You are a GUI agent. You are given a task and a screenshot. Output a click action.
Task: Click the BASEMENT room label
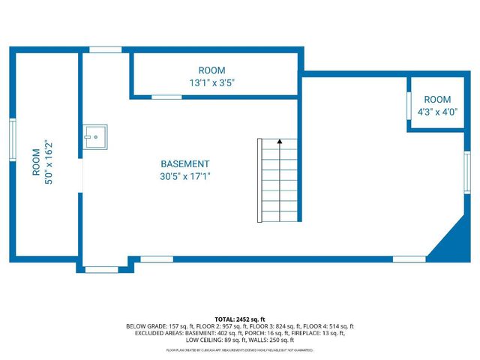pos(185,164)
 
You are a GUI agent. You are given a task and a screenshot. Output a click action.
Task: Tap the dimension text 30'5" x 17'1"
pos(185,177)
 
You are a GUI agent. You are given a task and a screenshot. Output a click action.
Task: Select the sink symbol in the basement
pos(95,135)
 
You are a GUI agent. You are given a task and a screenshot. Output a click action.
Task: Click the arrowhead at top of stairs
pos(280,140)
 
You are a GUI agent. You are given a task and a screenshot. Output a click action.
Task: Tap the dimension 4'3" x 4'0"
pos(437,112)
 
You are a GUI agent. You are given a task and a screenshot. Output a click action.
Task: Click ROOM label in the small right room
pos(437,100)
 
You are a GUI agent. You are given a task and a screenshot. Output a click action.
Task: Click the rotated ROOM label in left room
pos(36,162)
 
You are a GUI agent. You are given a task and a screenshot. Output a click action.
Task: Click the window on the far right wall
pos(467,172)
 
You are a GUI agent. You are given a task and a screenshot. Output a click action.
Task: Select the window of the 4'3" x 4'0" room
pos(409,109)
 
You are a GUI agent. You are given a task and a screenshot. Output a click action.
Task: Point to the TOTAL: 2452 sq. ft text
pos(240,319)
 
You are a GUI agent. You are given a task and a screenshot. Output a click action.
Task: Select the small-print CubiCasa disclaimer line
pos(240,350)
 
